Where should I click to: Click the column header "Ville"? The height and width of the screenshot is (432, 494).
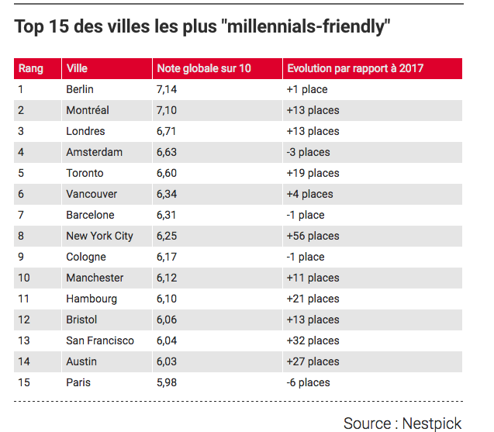tap(77, 68)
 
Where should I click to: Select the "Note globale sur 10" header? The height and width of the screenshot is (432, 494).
tap(203, 68)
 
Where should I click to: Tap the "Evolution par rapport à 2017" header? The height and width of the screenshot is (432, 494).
tap(355, 68)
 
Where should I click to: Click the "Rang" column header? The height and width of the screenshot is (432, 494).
tap(31, 68)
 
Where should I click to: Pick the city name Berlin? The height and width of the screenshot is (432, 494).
tap(80, 89)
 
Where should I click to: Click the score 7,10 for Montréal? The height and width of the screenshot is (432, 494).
tap(168, 110)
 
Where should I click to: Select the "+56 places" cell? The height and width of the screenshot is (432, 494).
tap(313, 236)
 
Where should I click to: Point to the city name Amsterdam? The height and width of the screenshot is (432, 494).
tap(95, 152)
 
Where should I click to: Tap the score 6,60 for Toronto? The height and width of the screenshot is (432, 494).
tap(168, 173)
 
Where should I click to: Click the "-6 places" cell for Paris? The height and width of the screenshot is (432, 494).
tap(308, 382)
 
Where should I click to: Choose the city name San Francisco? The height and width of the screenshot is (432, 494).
tap(100, 340)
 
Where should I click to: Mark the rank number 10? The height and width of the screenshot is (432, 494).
tap(26, 278)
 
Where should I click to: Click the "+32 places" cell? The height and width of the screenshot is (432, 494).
tap(313, 340)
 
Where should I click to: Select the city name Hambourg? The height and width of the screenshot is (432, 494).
tap(92, 299)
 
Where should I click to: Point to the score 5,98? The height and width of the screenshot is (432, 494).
tap(168, 382)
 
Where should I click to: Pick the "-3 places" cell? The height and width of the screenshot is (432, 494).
tap(308, 152)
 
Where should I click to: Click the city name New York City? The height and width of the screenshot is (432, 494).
tap(100, 236)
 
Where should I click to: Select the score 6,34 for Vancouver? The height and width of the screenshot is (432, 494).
tap(168, 194)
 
